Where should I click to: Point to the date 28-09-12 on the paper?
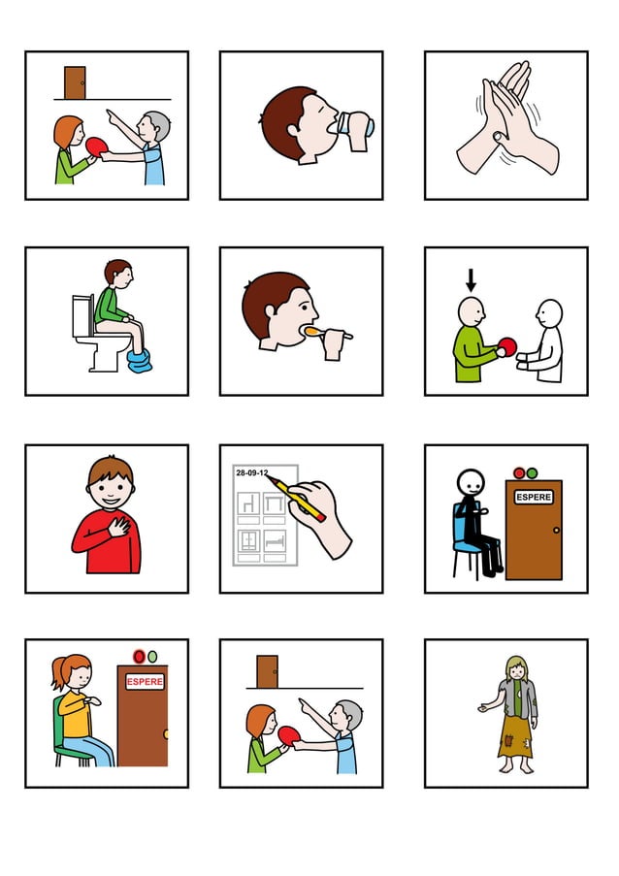[252, 472]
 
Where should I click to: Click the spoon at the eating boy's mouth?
[319, 332]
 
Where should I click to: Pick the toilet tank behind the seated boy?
[81, 314]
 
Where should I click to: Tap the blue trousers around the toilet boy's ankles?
[138, 361]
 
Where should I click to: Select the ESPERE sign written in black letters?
[534, 497]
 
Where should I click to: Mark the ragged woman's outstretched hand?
[483, 708]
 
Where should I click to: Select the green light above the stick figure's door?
[532, 472]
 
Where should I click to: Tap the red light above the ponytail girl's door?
[138, 657]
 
